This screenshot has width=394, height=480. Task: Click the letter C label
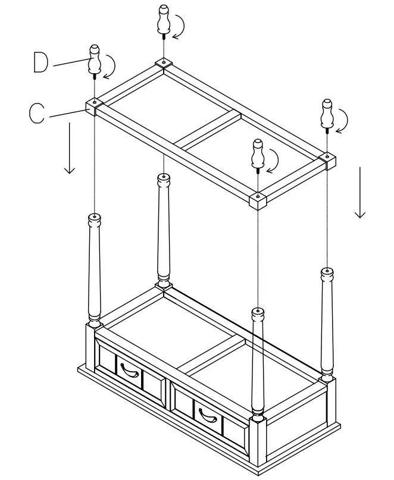37,113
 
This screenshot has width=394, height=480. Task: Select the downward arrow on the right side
359,193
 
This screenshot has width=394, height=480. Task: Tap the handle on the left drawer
128,371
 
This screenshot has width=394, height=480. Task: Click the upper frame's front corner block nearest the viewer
257,201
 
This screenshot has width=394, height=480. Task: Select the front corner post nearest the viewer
257,363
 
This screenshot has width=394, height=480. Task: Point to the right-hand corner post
326,321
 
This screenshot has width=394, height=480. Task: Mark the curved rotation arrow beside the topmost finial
180,26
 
